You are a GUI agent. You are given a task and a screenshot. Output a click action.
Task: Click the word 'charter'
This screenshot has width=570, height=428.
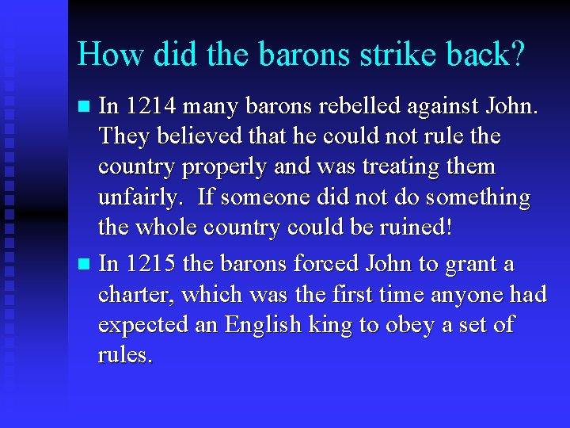pos(135,294)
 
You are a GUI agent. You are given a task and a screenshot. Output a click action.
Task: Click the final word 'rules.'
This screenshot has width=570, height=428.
pos(125,355)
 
